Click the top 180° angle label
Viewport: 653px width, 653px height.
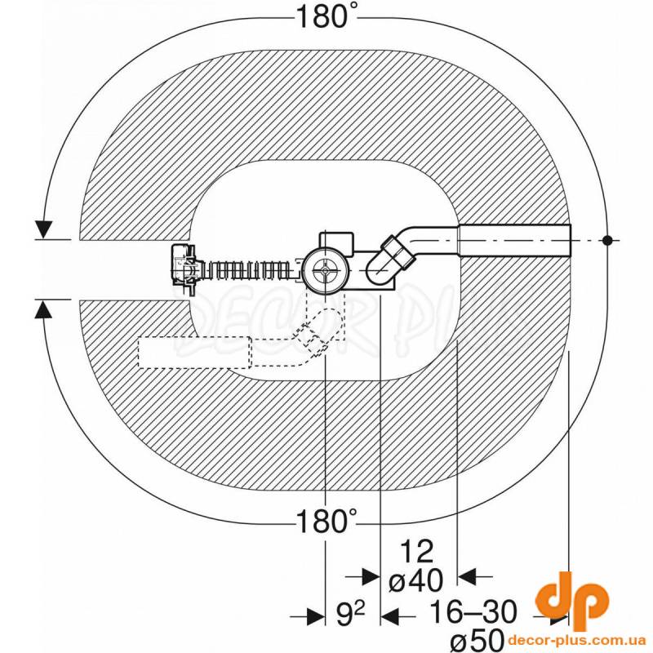pos(326,18)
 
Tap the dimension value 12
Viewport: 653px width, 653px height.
pos(417,552)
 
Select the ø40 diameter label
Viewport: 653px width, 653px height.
pos(416,580)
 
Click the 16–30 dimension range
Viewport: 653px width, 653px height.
pos(473,612)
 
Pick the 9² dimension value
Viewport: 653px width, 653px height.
pos(351,614)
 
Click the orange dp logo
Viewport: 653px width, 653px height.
pos(572,600)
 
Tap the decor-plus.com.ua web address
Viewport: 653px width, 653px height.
pos(577,640)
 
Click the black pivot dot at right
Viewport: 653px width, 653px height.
pos(607,240)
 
